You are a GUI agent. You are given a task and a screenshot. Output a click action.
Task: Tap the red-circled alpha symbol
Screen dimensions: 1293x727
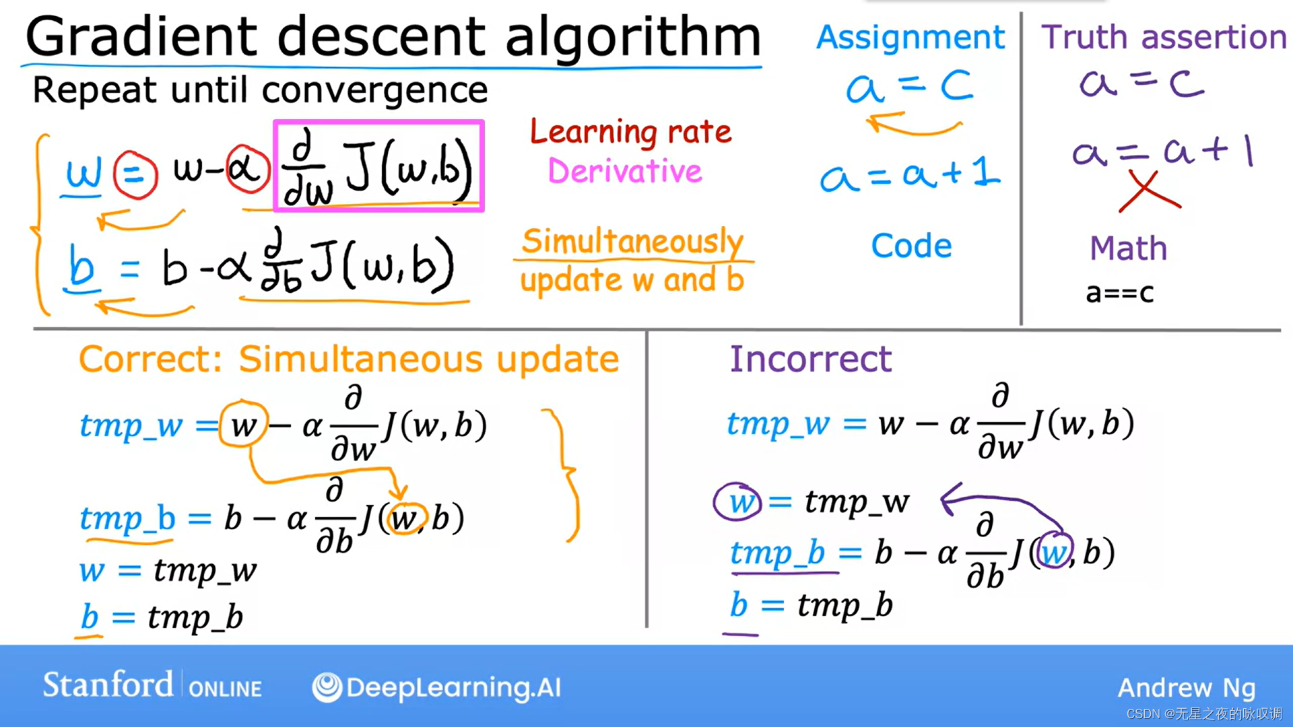[247, 169]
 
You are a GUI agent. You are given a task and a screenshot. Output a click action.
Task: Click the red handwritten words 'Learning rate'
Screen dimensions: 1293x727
[630, 132]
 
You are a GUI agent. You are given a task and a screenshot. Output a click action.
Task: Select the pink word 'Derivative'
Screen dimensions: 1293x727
[624, 171]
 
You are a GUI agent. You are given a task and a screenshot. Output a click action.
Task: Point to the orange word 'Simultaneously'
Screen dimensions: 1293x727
[632, 241]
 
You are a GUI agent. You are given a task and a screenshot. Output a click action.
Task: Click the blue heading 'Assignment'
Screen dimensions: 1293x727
[910, 38]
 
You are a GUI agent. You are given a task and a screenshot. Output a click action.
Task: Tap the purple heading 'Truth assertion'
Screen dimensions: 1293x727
[1164, 37]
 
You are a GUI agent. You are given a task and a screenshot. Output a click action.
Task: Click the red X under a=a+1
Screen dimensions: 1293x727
[1150, 191]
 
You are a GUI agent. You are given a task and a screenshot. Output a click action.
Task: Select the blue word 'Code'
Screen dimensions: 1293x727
[911, 246]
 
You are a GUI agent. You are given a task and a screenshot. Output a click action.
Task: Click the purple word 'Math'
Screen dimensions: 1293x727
[1128, 248]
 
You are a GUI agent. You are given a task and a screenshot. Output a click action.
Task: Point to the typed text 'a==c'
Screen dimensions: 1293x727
[1120, 293]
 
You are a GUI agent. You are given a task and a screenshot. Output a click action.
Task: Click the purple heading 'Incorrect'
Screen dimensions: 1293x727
[811, 359]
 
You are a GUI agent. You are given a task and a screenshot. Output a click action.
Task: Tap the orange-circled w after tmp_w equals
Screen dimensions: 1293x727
[243, 425]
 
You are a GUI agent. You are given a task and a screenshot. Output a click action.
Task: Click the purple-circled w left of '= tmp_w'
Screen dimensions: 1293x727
[738, 502]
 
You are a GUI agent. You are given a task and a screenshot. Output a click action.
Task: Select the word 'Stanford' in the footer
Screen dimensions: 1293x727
[108, 685]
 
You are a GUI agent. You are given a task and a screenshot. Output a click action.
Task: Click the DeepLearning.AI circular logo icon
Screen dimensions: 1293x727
[327, 687]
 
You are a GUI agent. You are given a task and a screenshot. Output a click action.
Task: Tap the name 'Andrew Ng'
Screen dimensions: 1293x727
[1187, 688]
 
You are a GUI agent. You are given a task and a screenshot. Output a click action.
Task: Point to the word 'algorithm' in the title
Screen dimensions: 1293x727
[633, 37]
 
